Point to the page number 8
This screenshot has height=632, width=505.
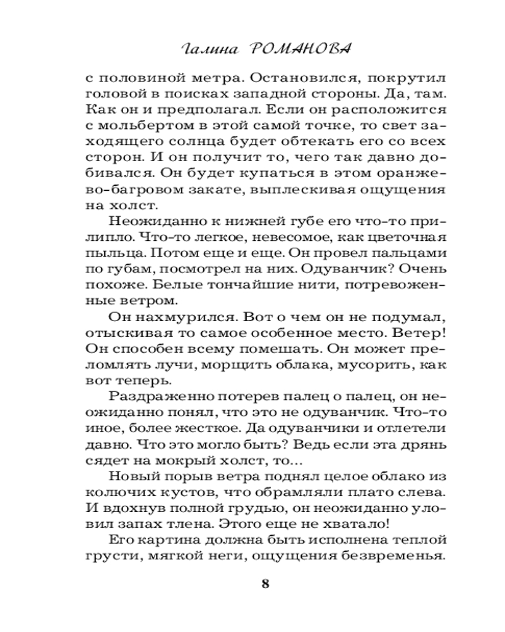coord(265,583)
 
